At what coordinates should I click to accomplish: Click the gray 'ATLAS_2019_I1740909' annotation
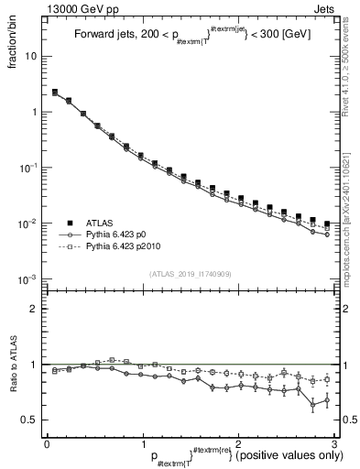point(189,274)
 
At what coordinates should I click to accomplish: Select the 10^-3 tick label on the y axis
point(27,279)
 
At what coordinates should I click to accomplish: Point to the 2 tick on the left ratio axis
point(33,309)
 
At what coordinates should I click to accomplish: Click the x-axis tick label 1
point(142,442)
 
